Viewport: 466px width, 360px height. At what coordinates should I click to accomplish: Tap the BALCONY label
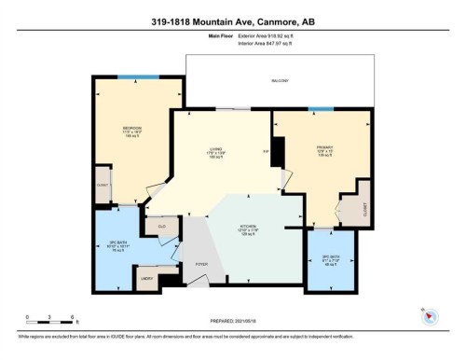pyautogui.click(x=280, y=81)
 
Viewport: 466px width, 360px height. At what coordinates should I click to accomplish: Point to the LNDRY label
pyautogui.click(x=146, y=278)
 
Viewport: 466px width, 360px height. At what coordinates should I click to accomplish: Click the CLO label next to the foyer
pyautogui.click(x=161, y=225)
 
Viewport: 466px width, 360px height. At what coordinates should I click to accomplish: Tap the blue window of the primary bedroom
pyautogui.click(x=321, y=109)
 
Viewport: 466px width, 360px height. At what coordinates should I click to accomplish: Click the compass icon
pyautogui.click(x=430, y=314)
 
